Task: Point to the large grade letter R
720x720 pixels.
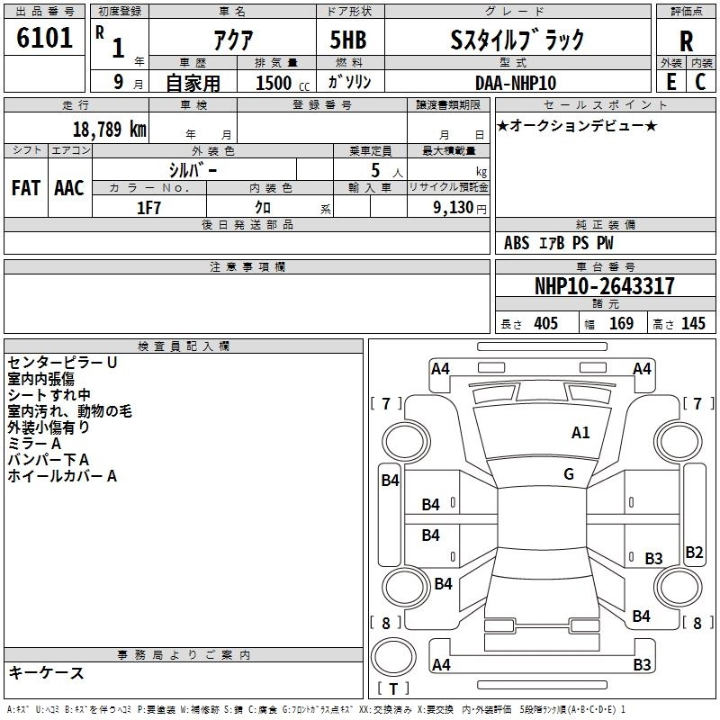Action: click(686, 41)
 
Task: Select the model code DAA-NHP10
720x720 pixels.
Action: click(516, 83)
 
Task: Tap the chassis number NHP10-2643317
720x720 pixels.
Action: click(604, 286)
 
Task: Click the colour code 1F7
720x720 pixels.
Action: click(148, 208)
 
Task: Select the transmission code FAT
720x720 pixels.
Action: click(26, 187)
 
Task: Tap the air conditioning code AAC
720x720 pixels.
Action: click(69, 187)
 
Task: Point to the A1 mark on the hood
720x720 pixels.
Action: click(580, 433)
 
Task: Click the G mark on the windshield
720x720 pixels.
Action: click(569, 474)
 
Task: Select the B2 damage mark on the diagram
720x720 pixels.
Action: click(694, 553)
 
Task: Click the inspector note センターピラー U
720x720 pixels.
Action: click(62, 363)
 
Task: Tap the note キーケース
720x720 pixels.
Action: click(46, 673)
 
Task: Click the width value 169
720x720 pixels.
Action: click(621, 324)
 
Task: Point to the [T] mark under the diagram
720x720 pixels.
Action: click(393, 689)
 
